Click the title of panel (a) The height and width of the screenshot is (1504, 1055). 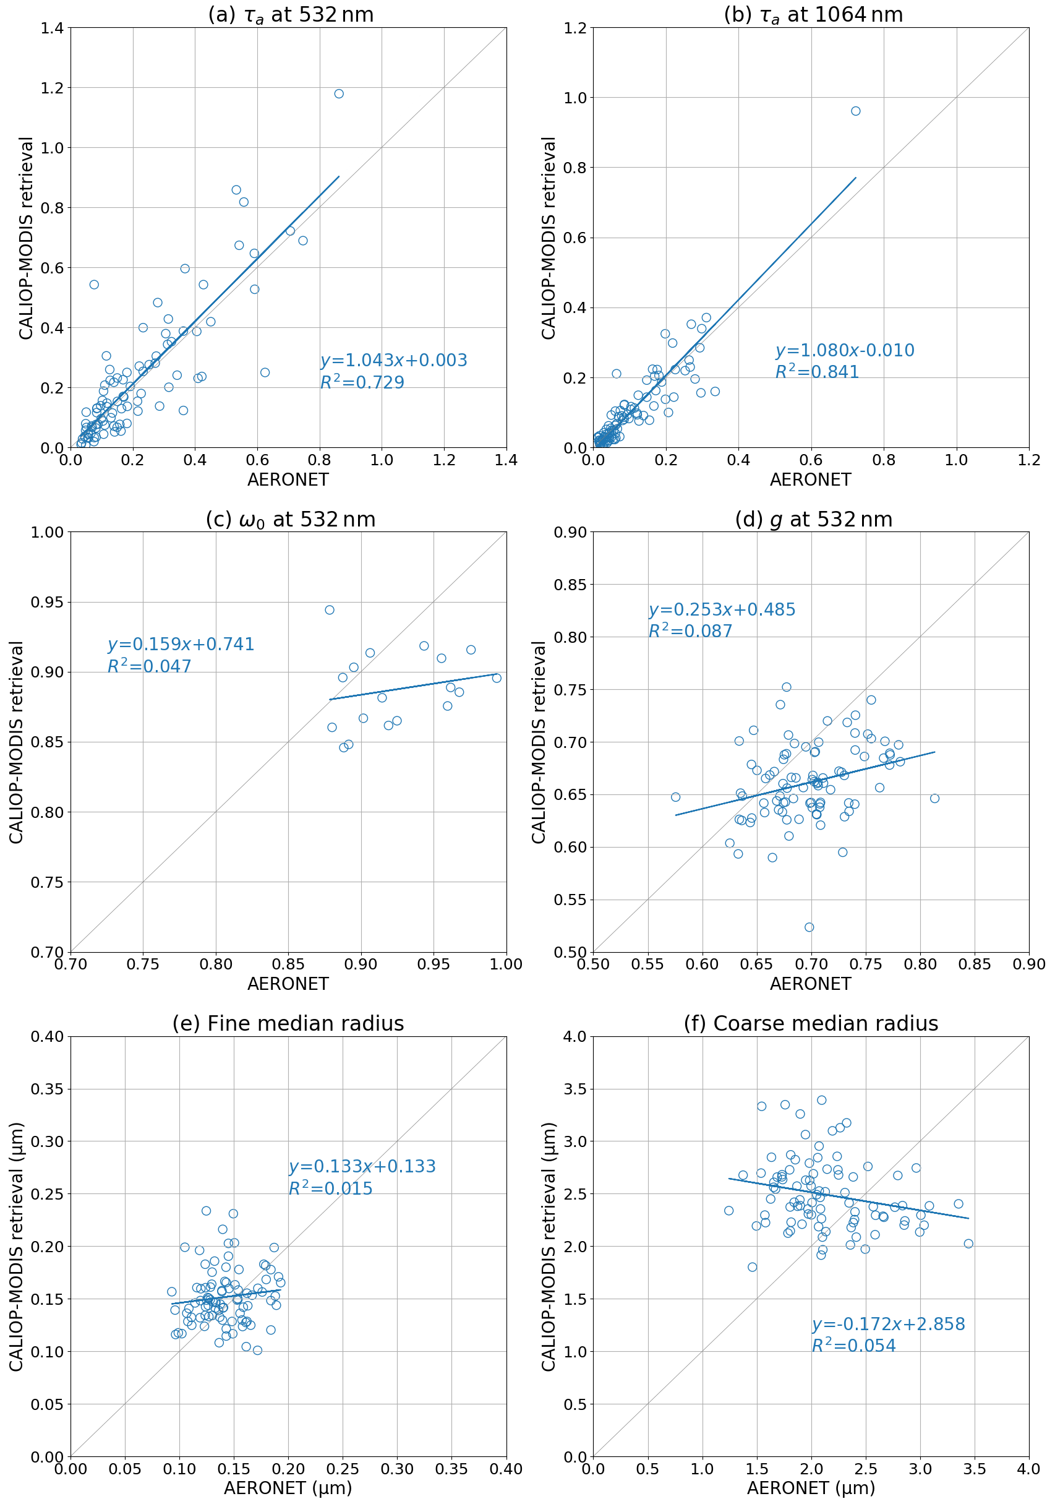pos(291,14)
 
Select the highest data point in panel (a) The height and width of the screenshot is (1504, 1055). pos(338,93)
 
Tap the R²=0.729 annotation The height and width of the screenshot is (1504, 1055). pos(362,382)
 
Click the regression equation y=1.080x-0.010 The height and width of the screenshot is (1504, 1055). pos(845,350)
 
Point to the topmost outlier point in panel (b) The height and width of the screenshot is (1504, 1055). pos(855,111)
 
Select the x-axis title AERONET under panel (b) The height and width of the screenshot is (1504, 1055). pos(810,479)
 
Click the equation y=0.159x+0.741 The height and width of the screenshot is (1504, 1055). pos(181,645)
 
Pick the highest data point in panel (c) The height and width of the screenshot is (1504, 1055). pos(330,610)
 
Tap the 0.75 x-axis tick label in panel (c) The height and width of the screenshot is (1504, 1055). pos(143,965)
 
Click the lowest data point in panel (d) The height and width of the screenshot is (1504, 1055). pos(809,927)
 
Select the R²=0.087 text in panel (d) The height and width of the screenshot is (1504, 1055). pos(690,632)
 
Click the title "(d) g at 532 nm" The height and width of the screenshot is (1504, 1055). pos(813,520)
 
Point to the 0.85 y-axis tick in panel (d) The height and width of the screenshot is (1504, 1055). pos(570,584)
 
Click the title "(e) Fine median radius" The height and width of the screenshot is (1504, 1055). pos(288,1023)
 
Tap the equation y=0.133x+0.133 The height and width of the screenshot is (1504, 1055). pos(362,1167)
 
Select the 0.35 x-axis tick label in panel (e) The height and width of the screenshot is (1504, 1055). pos(452,1469)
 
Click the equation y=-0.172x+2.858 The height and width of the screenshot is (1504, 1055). pos(888,1325)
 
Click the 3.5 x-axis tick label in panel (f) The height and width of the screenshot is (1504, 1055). pos(975,1469)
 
